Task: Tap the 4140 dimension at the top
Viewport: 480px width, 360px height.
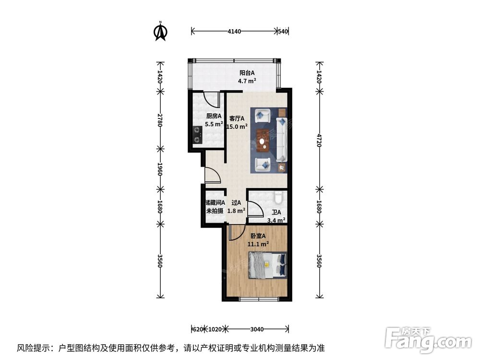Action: [x=234, y=32]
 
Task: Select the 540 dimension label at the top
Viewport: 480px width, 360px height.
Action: [x=283, y=32]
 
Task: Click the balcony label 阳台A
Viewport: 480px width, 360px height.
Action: [x=247, y=73]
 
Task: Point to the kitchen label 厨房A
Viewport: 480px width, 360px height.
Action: [x=214, y=116]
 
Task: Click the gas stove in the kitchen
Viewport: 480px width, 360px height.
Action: [x=197, y=134]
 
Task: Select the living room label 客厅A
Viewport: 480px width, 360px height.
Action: [x=237, y=118]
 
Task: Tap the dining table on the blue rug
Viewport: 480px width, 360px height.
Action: [x=263, y=138]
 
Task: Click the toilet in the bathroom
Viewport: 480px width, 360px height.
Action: [x=278, y=198]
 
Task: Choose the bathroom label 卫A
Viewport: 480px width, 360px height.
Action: [x=276, y=213]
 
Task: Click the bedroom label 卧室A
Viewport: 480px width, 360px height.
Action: [x=258, y=236]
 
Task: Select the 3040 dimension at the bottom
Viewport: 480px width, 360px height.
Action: [x=257, y=329]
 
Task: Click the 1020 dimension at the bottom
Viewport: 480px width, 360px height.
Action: [x=215, y=329]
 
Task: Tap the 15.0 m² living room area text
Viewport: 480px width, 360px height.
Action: [x=237, y=127]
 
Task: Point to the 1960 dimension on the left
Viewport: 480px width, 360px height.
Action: [x=161, y=169]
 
